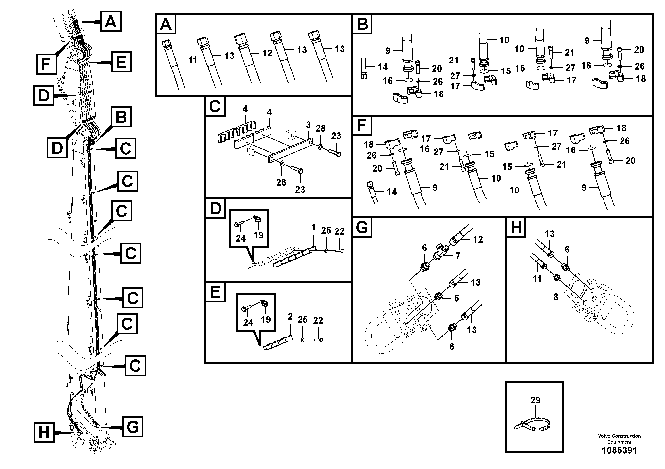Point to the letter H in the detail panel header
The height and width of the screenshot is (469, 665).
coord(516,227)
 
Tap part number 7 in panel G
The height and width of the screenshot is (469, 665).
coord(458,256)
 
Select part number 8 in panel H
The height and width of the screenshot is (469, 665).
coord(556,297)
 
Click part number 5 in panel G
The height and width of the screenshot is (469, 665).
coord(456,298)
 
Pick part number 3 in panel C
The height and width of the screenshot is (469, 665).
coord(308,125)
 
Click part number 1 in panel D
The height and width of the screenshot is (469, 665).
coord(313,227)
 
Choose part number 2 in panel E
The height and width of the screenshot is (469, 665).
coord(290,317)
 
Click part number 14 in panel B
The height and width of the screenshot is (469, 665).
coord(382,67)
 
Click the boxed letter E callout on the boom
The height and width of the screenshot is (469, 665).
coord(121,62)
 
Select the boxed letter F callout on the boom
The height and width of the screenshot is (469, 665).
coord(46,64)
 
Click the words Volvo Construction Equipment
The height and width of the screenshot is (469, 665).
coord(619,439)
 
